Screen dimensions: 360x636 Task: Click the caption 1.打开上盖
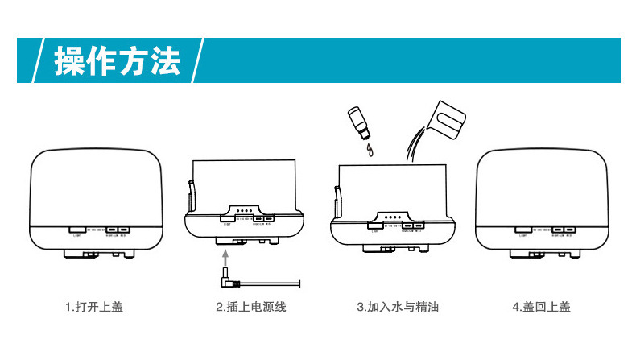pos(94,307)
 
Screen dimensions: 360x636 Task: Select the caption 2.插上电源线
pos(250,307)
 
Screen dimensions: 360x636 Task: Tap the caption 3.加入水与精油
pos(398,307)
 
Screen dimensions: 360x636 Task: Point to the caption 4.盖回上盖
pos(541,307)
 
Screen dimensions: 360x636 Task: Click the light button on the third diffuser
pos(374,226)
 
